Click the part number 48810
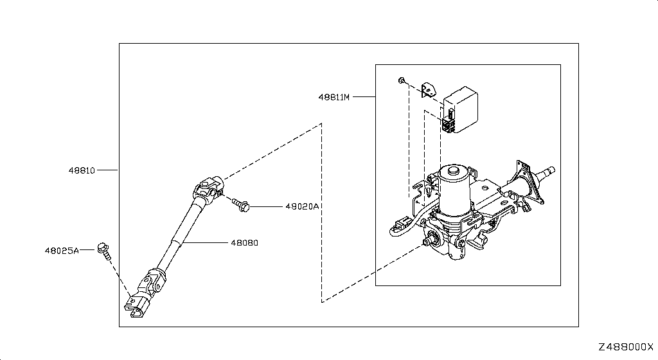click(x=82, y=170)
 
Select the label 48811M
click(x=334, y=97)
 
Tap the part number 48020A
click(x=302, y=206)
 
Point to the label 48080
click(x=244, y=242)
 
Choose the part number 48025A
click(x=62, y=251)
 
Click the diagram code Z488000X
click(x=626, y=347)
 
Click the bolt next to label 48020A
click(x=241, y=205)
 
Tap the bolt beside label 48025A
click(x=105, y=251)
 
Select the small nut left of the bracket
click(x=402, y=80)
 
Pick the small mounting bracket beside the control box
click(x=428, y=90)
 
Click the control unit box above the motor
click(x=461, y=109)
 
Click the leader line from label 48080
click(x=206, y=242)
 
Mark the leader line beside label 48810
click(x=107, y=170)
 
